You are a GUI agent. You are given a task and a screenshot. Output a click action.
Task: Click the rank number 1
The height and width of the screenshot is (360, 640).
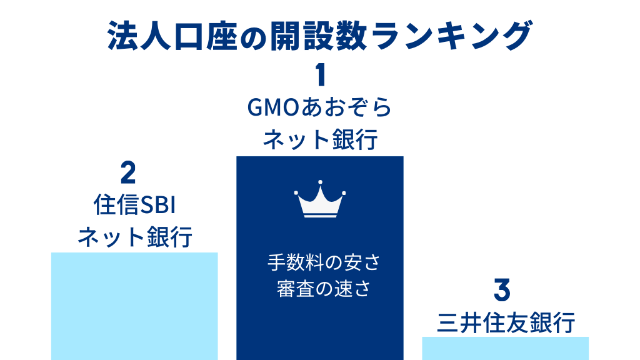tap(321, 75)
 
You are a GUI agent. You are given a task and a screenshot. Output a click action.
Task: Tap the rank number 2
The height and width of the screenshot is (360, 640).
tap(128, 172)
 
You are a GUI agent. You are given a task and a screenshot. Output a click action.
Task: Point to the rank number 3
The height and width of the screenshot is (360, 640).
tap(502, 290)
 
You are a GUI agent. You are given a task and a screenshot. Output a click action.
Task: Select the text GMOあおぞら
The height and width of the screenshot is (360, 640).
tap(319, 107)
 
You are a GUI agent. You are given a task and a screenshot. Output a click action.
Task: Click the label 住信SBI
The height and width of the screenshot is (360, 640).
tap(134, 204)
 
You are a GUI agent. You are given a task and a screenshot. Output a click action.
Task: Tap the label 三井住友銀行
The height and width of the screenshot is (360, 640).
tap(506, 323)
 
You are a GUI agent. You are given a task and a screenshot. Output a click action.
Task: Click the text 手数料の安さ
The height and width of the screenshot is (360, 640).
tap(324, 262)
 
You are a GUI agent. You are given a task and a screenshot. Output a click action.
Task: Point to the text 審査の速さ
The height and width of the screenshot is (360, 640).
tap(324, 289)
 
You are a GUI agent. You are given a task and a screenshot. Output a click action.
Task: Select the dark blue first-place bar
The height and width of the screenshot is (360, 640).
tap(320, 258)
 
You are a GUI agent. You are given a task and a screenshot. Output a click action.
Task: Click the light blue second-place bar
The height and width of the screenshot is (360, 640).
tap(134, 306)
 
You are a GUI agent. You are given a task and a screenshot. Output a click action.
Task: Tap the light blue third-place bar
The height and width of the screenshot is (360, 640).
tap(505, 348)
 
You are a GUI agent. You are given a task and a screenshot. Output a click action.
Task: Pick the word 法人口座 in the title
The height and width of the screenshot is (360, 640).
tap(172, 36)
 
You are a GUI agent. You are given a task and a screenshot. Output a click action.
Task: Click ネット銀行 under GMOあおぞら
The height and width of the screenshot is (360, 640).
tap(320, 139)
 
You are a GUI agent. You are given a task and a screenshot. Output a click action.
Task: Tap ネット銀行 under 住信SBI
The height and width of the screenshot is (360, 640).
tap(135, 237)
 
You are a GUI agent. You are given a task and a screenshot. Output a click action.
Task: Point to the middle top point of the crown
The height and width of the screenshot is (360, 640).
tap(320, 182)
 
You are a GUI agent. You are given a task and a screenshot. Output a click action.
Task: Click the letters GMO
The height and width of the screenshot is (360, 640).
tap(273, 107)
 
